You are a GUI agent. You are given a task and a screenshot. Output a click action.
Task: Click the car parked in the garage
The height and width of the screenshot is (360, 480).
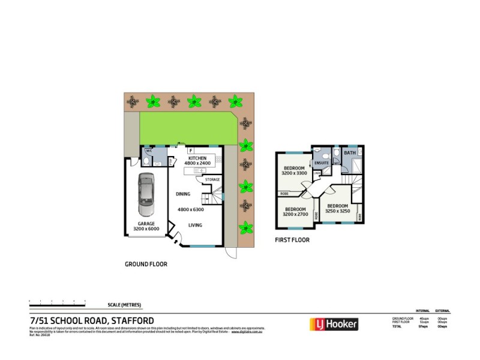coord(146,195)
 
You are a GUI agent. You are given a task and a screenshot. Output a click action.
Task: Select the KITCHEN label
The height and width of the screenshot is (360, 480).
coord(197,157)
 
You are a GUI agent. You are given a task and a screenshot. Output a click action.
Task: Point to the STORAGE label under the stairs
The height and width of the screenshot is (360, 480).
coord(212,179)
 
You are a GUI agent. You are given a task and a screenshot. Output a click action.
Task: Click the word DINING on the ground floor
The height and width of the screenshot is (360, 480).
coord(183,194)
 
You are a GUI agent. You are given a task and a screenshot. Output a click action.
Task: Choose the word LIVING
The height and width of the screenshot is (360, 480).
coord(196,226)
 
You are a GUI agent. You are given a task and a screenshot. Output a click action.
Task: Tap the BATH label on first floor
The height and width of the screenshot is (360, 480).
coord(349,154)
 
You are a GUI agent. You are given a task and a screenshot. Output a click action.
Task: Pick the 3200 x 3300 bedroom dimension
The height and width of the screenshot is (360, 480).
coord(294,173)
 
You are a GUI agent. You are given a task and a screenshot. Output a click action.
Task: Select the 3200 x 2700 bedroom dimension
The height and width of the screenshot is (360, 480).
coord(296,214)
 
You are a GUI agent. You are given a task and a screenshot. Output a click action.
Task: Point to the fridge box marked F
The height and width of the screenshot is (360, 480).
coord(190,150)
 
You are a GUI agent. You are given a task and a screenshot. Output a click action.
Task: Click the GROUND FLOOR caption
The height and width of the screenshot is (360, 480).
coord(146,264)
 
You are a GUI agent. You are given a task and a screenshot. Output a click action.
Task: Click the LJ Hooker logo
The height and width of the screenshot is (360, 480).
coord(333,325)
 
